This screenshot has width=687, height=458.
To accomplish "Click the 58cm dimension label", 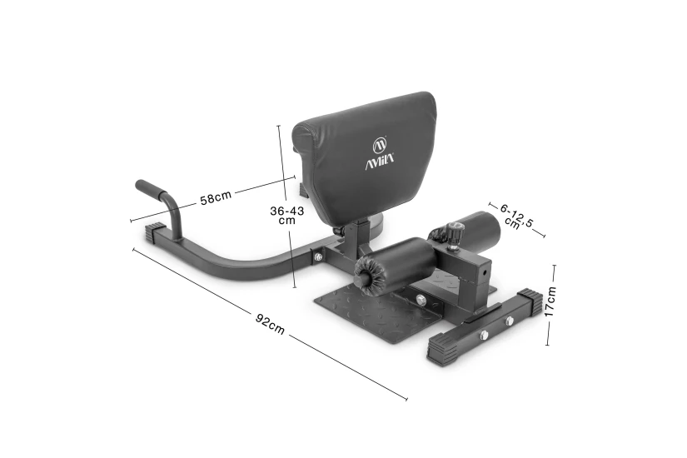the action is [x=216, y=197].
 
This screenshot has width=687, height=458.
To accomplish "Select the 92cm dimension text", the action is [x=270, y=324].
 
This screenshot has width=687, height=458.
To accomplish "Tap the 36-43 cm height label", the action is [x=287, y=215].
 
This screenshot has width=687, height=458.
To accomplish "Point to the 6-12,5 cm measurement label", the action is [x=517, y=216].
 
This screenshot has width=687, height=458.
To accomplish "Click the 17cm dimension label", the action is [x=550, y=301].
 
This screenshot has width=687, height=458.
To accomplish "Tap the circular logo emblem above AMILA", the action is [x=380, y=144].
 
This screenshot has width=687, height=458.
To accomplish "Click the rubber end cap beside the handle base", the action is [x=155, y=232].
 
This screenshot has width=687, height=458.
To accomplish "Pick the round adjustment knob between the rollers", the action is [x=454, y=232].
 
